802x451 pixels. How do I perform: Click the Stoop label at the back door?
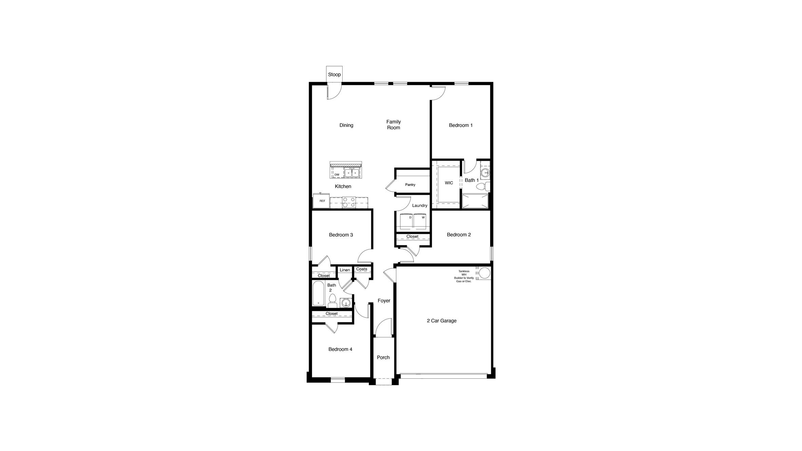tap(334, 75)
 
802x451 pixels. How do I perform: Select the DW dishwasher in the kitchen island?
tap(337, 175)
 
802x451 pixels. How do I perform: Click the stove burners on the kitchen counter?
tap(349, 203)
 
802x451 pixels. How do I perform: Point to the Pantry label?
tap(410, 185)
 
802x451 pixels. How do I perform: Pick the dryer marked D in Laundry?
tap(407, 221)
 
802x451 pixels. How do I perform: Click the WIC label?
tap(449, 183)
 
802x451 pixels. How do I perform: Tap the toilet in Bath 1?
tap(482, 186)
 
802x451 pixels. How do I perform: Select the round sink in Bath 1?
tap(485, 173)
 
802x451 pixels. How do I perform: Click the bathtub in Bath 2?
tap(319, 293)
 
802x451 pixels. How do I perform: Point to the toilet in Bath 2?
tap(332, 300)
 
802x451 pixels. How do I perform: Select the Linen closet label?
tap(345, 270)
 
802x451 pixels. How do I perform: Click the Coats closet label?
tap(362, 269)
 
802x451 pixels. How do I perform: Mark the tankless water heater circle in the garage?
tap(484, 273)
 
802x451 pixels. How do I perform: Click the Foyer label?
tap(384, 301)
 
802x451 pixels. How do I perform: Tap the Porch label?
tap(383, 357)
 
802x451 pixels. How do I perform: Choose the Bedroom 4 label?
tap(340, 349)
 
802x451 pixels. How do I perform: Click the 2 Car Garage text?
tap(441, 321)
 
